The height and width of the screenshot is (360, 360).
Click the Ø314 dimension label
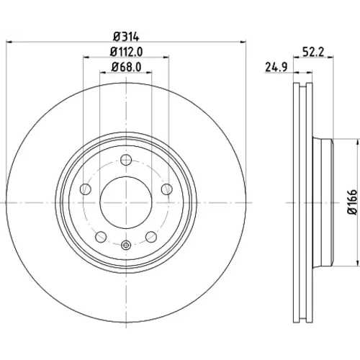click(x=126, y=37)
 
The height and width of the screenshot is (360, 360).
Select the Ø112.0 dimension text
click(x=126, y=52)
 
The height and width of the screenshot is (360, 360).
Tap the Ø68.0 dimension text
click(x=126, y=67)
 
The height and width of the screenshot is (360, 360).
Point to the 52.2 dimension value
click(x=313, y=52)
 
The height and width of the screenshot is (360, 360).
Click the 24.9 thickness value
click(x=276, y=67)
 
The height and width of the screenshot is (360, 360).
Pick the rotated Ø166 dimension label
click(x=352, y=202)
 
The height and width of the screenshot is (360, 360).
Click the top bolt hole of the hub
click(x=126, y=160)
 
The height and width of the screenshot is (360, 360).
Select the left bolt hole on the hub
click(x=85, y=189)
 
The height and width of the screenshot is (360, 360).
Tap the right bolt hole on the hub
click(x=167, y=189)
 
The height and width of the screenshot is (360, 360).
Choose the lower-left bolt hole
click(x=101, y=237)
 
